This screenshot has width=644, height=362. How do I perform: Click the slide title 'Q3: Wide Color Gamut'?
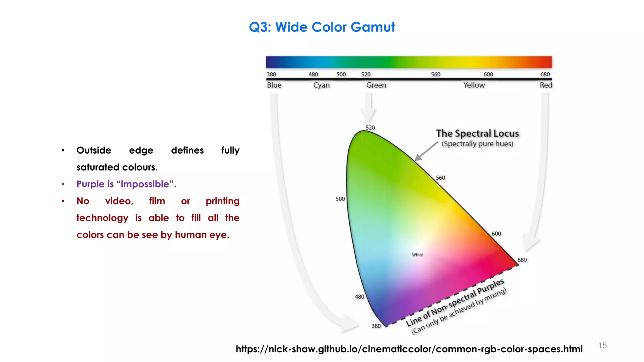click(322, 27)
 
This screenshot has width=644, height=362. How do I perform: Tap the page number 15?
click(602, 346)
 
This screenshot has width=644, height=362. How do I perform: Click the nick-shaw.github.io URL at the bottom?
click(409, 349)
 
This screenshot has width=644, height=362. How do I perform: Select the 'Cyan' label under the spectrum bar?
click(321, 85)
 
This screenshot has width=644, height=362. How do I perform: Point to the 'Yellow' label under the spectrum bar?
click(474, 85)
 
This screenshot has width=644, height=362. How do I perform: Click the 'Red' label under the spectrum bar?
click(546, 85)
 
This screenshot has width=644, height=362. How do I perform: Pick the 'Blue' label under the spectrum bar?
click(274, 85)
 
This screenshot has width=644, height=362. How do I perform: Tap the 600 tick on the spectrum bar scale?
click(488, 74)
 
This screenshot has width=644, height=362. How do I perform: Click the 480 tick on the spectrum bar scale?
click(313, 74)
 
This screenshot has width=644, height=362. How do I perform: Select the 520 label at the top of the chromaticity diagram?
click(370, 128)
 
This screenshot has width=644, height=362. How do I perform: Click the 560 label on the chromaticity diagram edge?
click(440, 178)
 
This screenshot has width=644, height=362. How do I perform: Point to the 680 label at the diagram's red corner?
click(522, 260)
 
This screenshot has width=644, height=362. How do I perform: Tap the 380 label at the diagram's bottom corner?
click(376, 326)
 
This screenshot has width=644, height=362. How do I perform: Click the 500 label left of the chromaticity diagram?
click(340, 199)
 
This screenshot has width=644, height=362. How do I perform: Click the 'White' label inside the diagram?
click(417, 255)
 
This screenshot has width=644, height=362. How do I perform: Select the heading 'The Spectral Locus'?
click(477, 134)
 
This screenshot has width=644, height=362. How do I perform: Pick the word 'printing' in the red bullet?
click(222, 201)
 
